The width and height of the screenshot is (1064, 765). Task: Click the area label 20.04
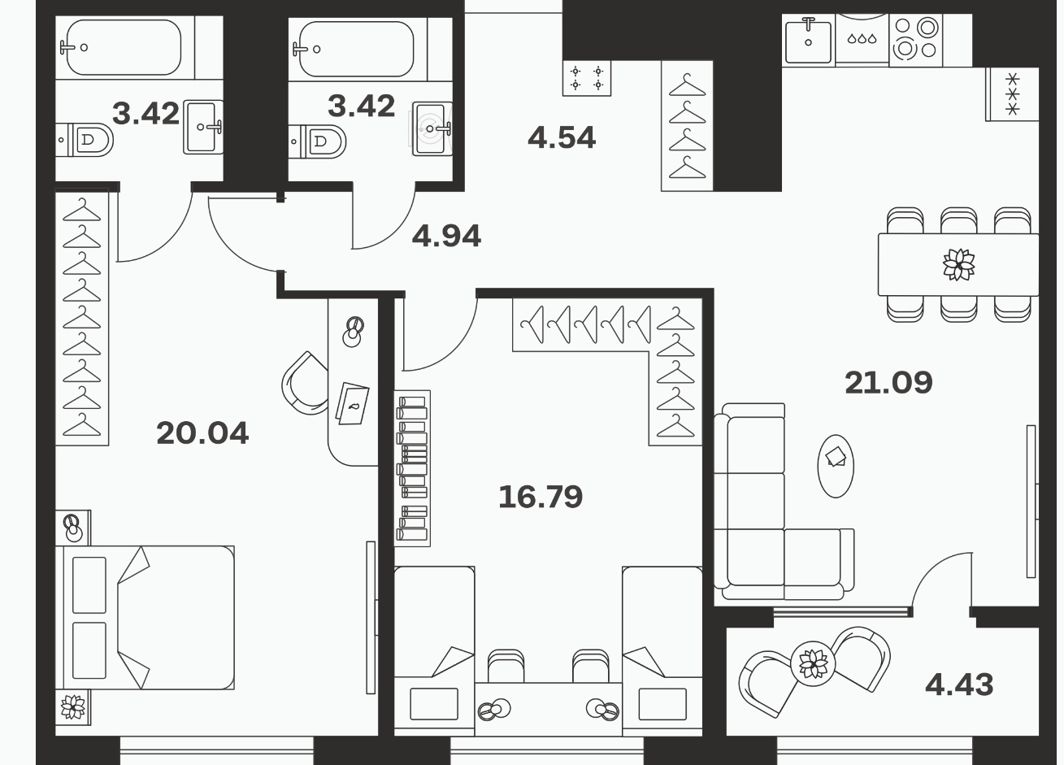202,433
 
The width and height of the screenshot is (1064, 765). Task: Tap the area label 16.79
541,497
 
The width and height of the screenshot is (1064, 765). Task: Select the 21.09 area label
888,382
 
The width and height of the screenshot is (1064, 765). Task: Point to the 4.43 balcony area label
959,685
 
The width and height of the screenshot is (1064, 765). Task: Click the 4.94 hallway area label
446,236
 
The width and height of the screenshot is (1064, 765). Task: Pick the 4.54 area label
562,137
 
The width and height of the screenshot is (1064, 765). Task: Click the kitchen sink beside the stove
809,41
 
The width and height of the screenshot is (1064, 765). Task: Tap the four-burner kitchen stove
916,41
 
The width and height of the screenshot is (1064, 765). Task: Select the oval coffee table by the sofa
836,466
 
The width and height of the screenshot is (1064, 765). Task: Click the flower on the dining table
959,264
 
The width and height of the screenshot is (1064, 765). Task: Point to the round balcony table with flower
813,663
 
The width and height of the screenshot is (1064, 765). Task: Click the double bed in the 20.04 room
145,617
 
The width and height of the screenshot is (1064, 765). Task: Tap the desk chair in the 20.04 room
305,382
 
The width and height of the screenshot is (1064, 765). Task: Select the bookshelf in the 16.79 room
412,468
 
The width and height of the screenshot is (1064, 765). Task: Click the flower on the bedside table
73,706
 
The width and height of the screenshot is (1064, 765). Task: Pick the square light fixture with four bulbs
587,78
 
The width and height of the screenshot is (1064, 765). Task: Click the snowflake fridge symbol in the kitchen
1012,94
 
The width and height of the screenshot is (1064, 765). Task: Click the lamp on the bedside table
73,528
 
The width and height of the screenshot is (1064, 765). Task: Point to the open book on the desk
353,403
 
